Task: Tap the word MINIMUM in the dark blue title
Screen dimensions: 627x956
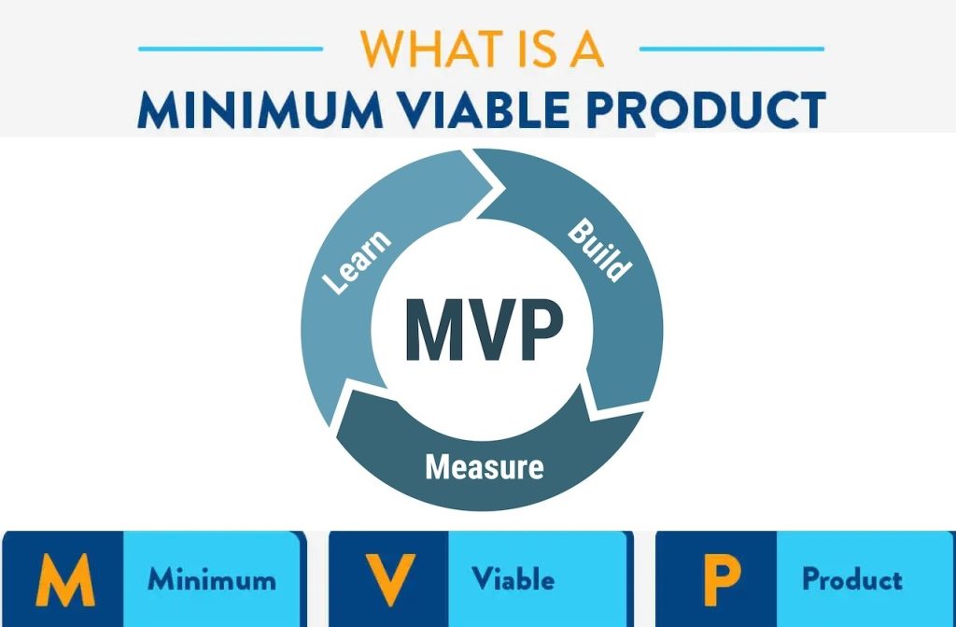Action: point(254,109)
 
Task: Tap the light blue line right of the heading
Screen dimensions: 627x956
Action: point(732,49)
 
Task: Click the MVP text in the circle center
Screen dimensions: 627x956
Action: point(484,330)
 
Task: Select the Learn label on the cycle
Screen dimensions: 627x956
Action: point(357,264)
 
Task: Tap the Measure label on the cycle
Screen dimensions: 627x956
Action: point(484,465)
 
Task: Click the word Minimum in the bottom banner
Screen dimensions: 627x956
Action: point(211,579)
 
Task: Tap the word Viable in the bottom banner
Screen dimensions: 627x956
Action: point(513,579)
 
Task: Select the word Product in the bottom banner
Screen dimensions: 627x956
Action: point(852,579)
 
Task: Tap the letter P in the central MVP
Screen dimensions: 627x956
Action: point(541,330)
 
